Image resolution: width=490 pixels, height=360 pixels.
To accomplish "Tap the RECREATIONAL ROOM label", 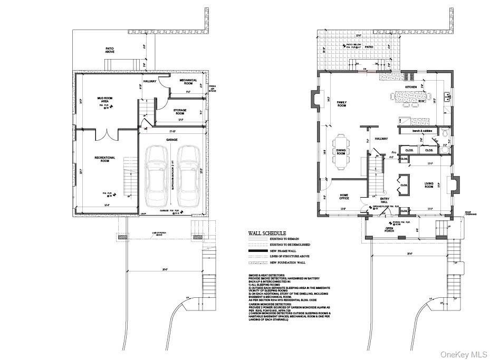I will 105,159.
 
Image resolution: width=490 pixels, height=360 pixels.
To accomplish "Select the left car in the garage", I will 157,176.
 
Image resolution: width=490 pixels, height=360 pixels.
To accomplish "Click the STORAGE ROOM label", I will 180,112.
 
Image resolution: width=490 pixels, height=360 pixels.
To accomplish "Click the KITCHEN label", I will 411,87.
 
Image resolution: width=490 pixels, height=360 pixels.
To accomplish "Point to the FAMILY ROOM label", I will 342,104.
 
